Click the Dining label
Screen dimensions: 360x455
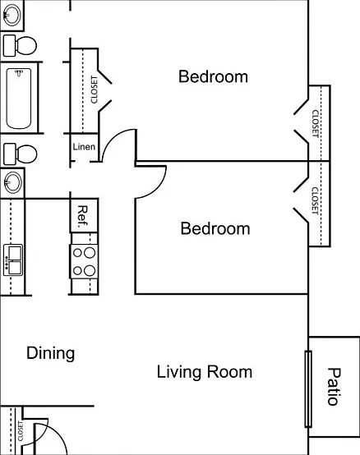click(50, 353)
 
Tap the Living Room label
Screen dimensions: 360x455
click(205, 372)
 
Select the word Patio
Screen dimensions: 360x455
click(335, 386)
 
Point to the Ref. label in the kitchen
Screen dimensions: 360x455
click(83, 217)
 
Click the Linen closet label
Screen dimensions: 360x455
click(84, 146)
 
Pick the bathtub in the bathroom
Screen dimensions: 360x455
click(19, 99)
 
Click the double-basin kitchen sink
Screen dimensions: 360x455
click(13, 260)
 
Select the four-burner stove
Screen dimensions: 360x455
click(84, 261)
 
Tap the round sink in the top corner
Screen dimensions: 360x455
click(11, 15)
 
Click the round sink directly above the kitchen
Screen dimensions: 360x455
click(12, 182)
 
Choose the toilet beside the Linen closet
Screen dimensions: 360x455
click(20, 154)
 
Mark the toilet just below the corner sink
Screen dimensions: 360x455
click(20, 45)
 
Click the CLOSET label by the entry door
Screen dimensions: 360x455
click(21, 431)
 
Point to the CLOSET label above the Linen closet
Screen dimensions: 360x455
click(94, 90)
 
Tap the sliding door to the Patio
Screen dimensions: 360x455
click(308, 388)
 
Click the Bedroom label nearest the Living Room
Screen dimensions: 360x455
click(215, 228)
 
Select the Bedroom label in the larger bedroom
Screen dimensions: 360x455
click(213, 76)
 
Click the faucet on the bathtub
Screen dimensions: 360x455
click(19, 73)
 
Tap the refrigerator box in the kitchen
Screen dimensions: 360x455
click(84, 215)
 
